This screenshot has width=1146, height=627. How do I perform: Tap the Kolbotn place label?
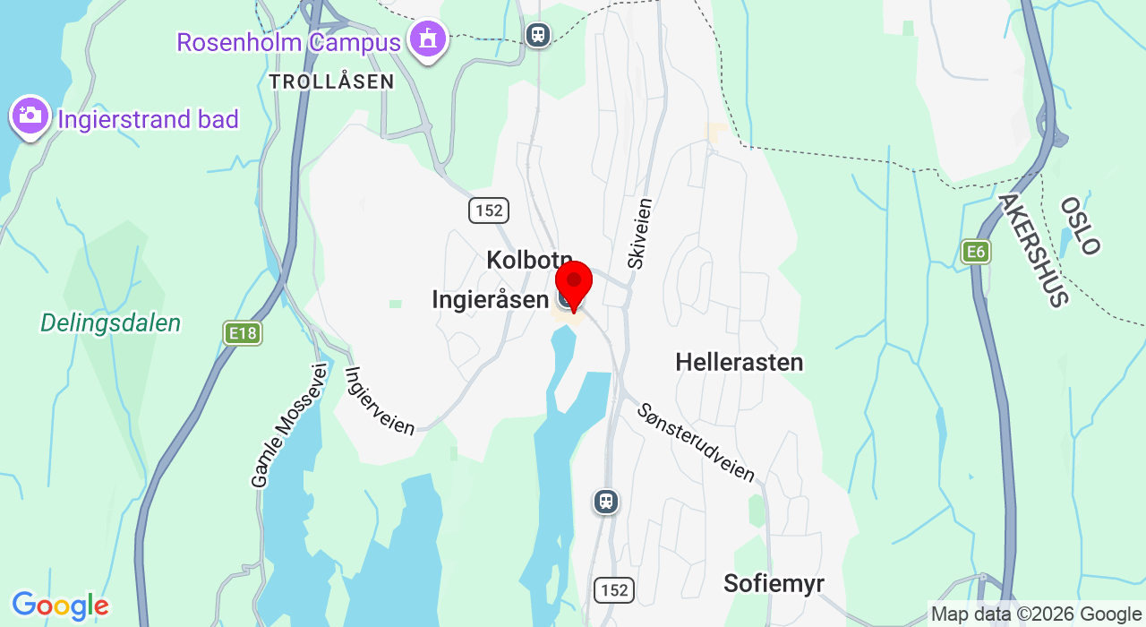(x=528, y=260)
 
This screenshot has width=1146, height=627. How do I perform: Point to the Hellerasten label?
(x=740, y=362)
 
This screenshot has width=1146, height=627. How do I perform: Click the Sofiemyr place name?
(x=774, y=583)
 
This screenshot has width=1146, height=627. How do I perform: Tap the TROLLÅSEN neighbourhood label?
(x=331, y=82)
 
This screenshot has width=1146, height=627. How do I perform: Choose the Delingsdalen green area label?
(x=111, y=323)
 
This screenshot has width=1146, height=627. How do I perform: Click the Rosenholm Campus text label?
(x=288, y=42)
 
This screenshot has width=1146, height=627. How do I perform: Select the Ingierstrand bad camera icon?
(x=30, y=116)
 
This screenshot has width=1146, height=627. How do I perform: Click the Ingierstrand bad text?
(x=149, y=119)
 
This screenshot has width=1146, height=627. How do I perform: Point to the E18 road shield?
(x=242, y=333)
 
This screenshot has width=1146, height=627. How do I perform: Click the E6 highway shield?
(x=976, y=252)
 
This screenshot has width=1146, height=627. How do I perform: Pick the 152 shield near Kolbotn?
(x=489, y=210)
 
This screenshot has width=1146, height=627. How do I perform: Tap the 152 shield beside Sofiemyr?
(x=614, y=589)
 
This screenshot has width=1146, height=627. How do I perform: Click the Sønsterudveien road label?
(x=696, y=442)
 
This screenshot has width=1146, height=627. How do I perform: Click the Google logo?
(x=60, y=606)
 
